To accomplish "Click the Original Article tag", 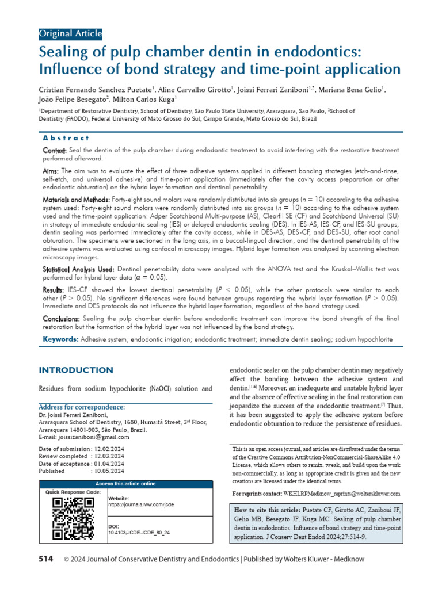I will (70, 33).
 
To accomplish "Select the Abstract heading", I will (66, 138).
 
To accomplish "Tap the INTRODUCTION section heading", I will (75, 370).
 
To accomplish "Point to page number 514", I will (47, 559).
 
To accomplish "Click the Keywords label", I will (61, 340).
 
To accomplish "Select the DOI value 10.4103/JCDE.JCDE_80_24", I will (139, 533).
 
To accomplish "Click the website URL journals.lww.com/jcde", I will (141, 504).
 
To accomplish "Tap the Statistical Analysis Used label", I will (79, 269).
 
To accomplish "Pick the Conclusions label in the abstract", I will (62, 318).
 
